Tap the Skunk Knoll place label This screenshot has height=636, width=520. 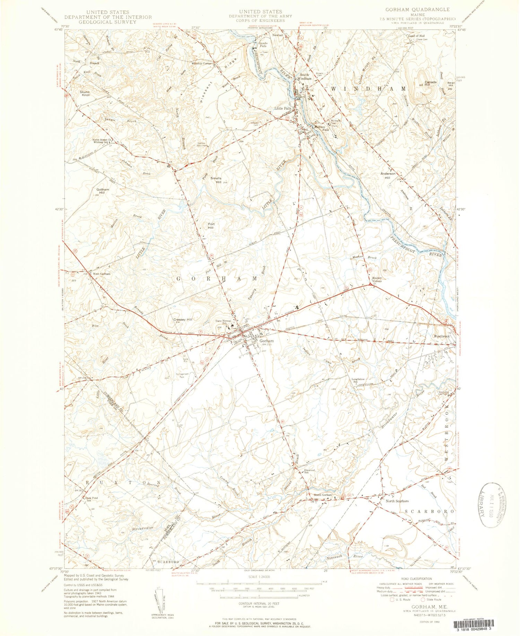tap(85, 94)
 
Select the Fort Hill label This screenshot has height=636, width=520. tap(210, 226)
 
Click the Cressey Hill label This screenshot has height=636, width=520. tap(182, 319)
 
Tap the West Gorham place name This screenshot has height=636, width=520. tap(101, 274)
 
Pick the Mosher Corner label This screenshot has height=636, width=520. tap(377, 279)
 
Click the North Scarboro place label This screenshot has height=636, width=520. tap(397, 501)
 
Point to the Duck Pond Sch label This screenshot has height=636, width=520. tap(92, 499)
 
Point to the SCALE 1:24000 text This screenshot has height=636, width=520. tap(259, 577)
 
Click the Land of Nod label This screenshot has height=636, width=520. tap(416, 36)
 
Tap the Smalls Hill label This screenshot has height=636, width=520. tap(216, 180)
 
